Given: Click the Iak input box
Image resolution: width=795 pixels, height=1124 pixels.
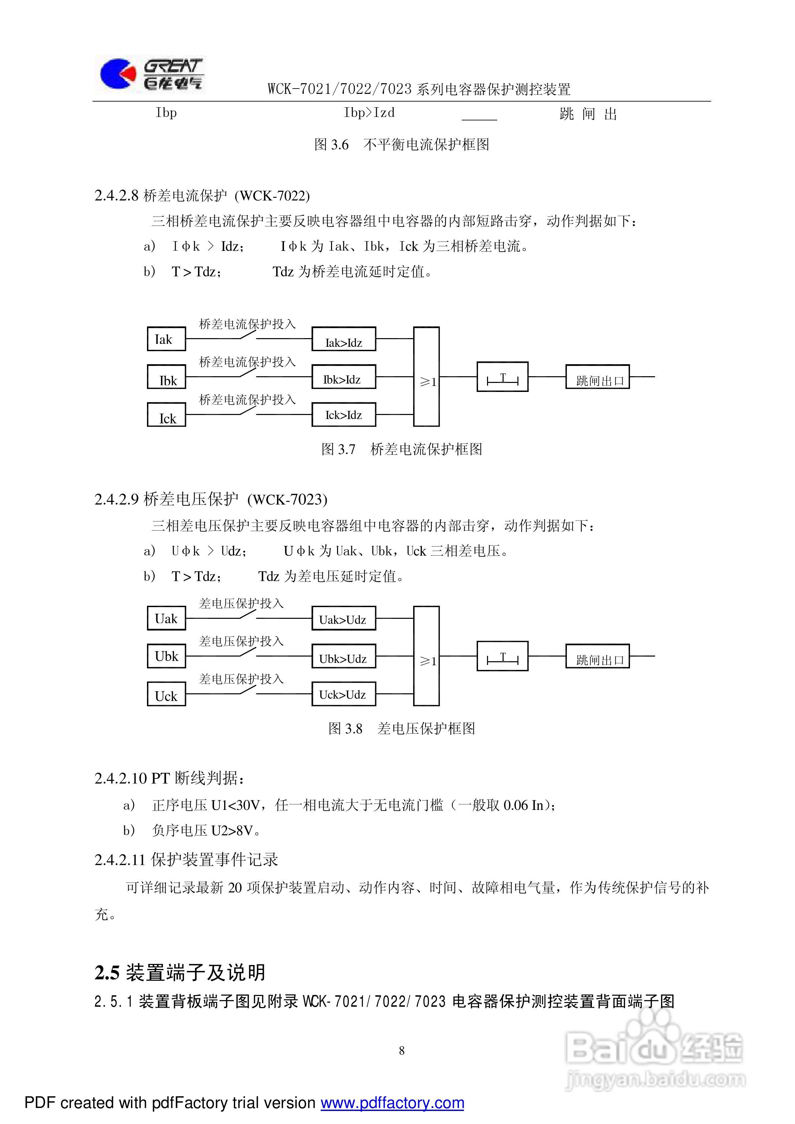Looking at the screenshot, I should click(166, 339).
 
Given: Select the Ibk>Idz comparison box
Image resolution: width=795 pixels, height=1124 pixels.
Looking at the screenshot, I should click(344, 377).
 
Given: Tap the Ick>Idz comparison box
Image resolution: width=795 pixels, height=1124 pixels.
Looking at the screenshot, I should click(344, 415).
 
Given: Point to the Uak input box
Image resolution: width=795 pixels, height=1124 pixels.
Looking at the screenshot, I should click(166, 618).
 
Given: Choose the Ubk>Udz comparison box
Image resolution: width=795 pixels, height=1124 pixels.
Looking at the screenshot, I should click(344, 656).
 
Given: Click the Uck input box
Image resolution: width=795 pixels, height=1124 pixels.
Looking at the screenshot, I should click(166, 694).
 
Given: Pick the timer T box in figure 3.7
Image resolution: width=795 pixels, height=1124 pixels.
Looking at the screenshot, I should click(502, 377).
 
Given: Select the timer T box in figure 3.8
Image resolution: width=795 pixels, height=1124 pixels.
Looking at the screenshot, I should click(502, 656).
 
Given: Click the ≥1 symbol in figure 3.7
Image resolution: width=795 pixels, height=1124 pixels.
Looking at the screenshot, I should click(427, 381).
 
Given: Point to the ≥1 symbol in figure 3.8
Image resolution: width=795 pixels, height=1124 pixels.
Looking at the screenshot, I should click(427, 661).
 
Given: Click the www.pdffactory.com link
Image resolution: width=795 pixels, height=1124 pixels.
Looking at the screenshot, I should click(392, 1103).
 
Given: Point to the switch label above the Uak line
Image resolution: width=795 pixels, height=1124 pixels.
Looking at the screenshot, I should click(241, 604).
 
